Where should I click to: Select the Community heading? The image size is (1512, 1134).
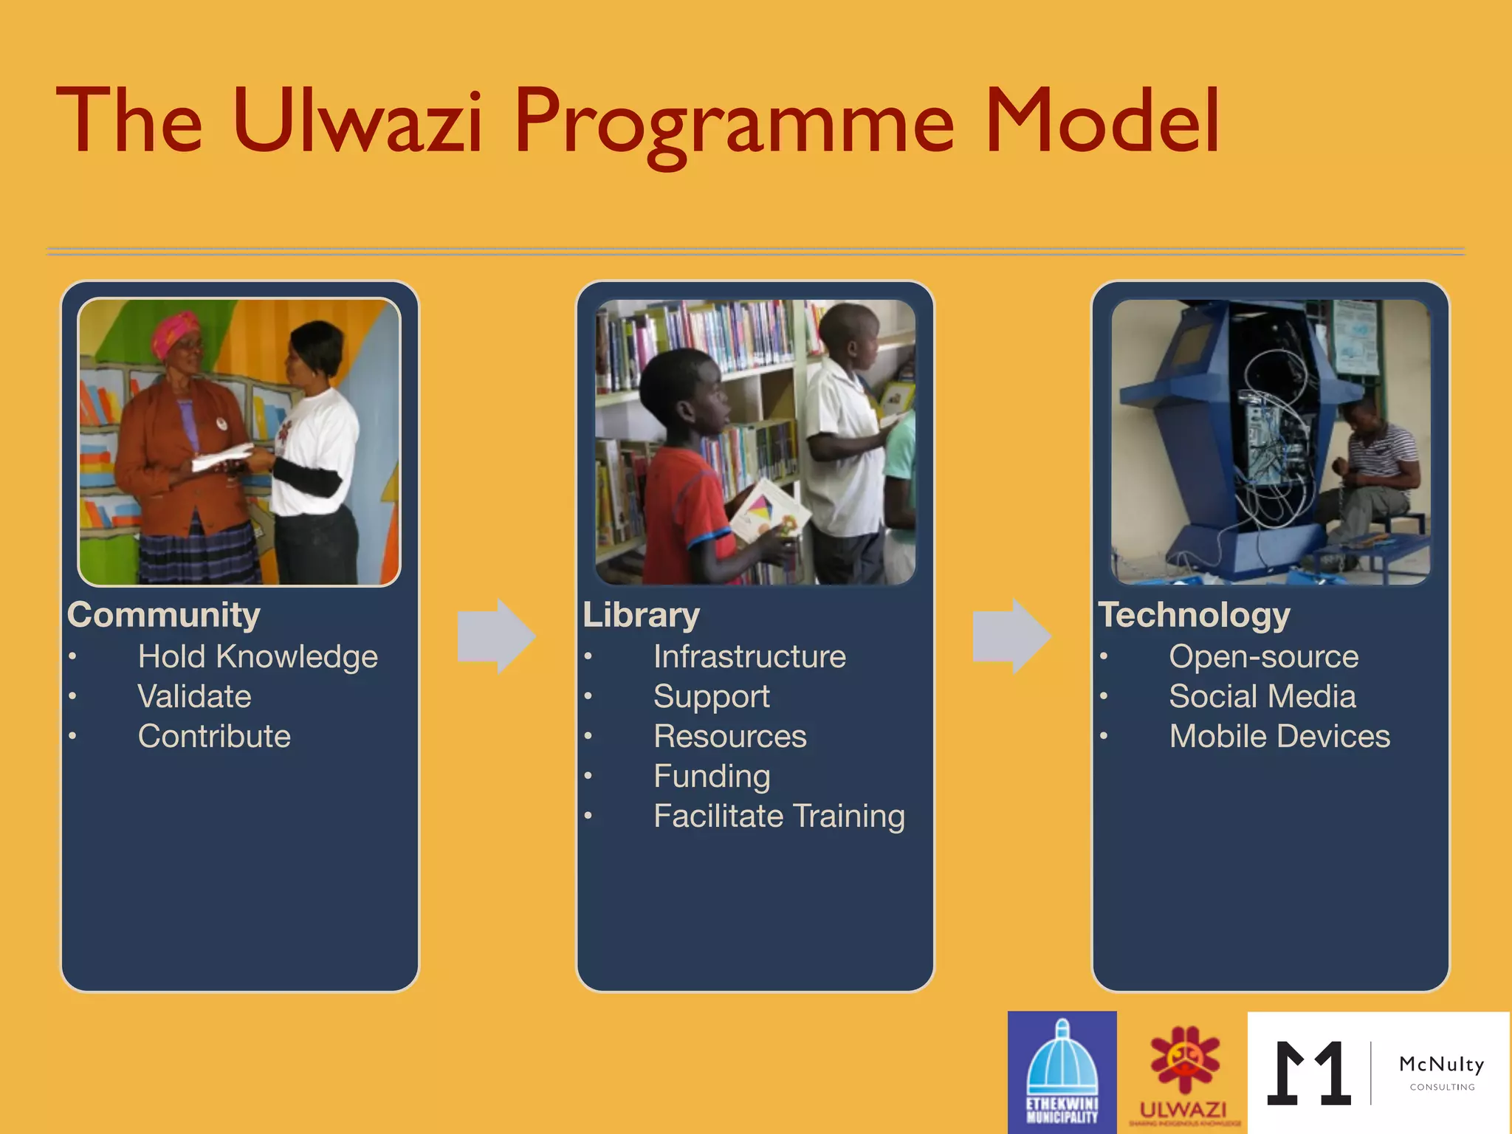164,615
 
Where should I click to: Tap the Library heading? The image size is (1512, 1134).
641,615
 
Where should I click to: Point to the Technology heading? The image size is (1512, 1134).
1194,615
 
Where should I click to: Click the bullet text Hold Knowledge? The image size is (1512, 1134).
258,656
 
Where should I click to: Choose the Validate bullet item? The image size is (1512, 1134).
194,696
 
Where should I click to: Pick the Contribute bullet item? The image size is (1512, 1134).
214,736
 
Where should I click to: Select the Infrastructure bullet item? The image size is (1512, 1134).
749,656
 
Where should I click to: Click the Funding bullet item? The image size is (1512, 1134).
712,776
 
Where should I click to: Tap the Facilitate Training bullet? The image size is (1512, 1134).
779,816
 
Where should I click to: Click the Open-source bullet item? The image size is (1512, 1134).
1263,656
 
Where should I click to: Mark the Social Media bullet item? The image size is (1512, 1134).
1262,696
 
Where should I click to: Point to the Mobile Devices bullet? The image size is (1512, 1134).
1279,736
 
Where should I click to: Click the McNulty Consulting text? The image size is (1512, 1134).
1441,1071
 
